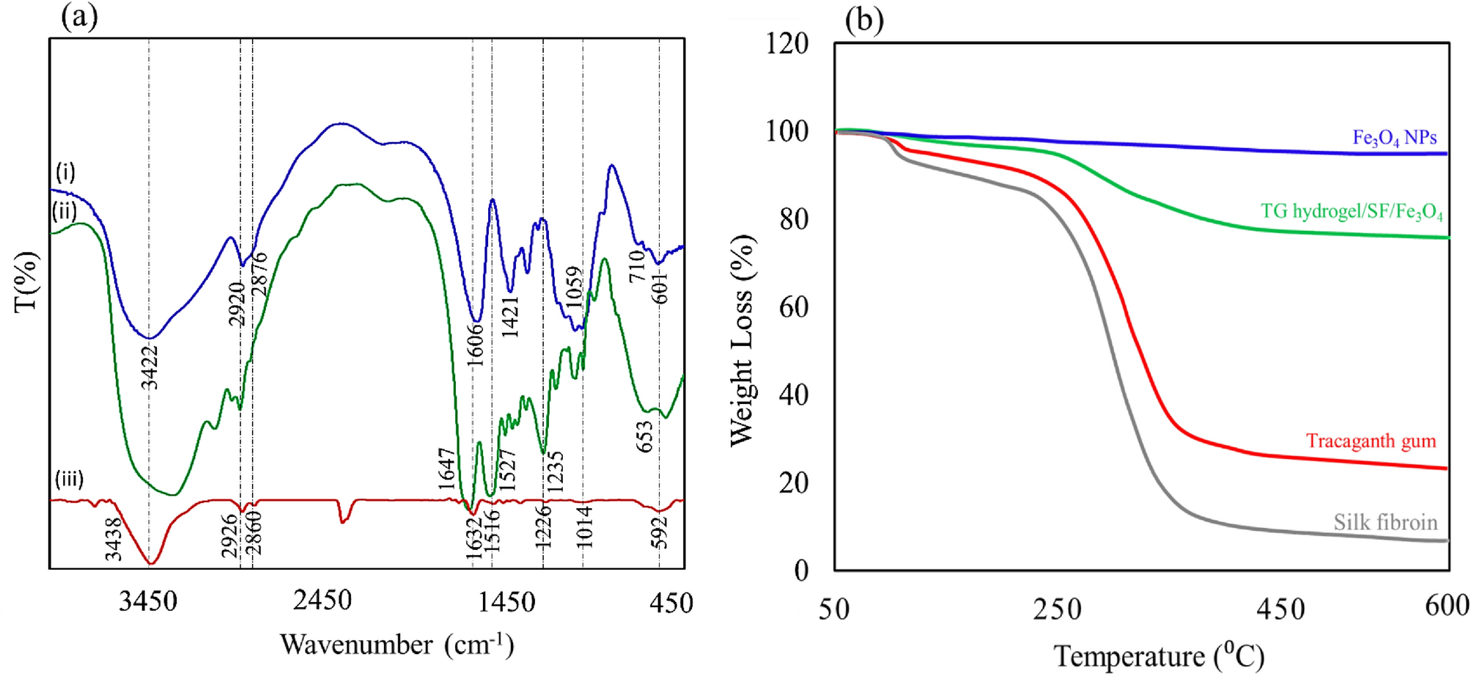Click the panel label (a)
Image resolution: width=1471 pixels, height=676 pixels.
pyautogui.click(x=79, y=16)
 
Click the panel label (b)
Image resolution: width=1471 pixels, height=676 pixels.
pyautogui.click(x=864, y=19)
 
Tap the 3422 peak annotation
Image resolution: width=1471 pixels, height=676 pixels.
pyautogui.click(x=150, y=367)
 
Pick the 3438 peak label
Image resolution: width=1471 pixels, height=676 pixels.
pyautogui.click(x=113, y=539)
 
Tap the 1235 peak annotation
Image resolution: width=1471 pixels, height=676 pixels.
pyautogui.click(x=555, y=471)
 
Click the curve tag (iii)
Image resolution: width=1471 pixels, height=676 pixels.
pyautogui.click(x=69, y=479)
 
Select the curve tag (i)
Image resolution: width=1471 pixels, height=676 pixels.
pyautogui.click(x=65, y=172)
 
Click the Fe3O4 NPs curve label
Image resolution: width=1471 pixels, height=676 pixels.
pyautogui.click(x=1394, y=138)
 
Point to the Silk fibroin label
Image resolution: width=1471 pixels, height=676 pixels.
pyautogui.click(x=1385, y=522)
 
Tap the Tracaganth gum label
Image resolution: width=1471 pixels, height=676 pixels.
pyautogui.click(x=1371, y=441)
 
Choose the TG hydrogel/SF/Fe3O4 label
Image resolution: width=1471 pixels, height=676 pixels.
pyautogui.click(x=1352, y=212)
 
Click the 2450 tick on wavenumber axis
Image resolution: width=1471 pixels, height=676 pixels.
pyautogui.click(x=322, y=600)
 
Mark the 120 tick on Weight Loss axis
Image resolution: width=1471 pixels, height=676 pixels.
pyautogui.click(x=786, y=44)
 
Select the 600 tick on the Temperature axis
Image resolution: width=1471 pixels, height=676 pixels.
pyautogui.click(x=1446, y=606)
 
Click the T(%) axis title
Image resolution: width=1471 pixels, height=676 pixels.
pyautogui.click(x=26, y=282)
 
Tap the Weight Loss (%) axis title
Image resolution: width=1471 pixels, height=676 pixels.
pyautogui.click(x=742, y=341)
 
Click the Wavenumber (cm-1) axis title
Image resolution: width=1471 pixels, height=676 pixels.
pyautogui.click(x=397, y=644)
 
